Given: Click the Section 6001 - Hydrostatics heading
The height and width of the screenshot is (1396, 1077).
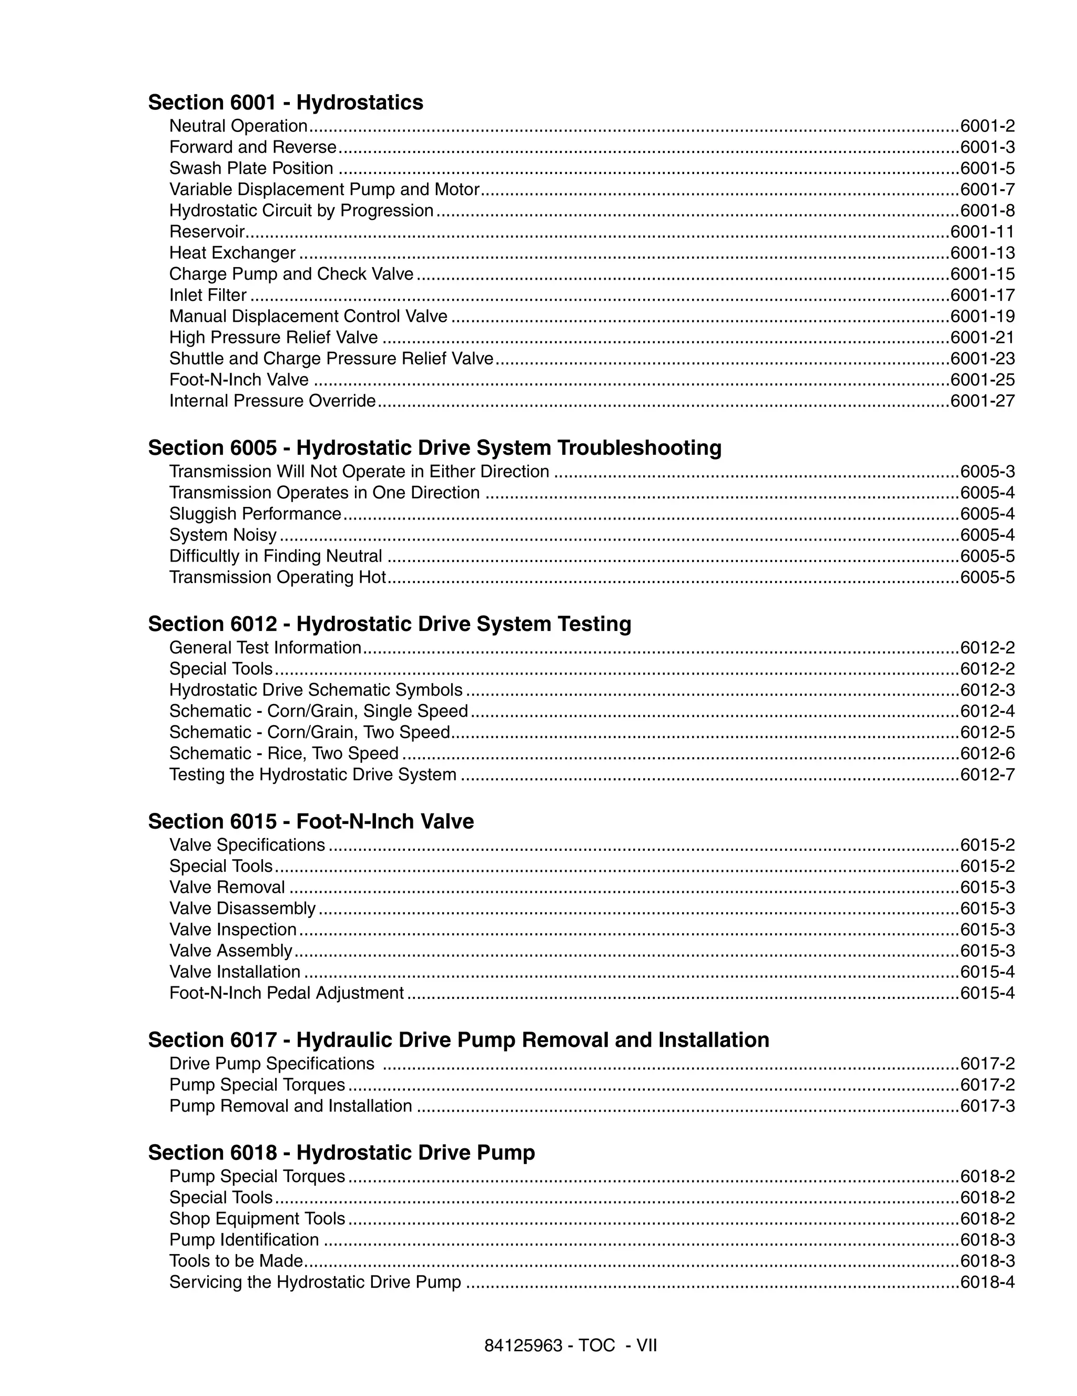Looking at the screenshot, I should click(285, 103).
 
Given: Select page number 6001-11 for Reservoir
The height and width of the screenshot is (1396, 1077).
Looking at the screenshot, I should click(982, 232).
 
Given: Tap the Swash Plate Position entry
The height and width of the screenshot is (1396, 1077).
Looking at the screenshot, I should click(251, 168).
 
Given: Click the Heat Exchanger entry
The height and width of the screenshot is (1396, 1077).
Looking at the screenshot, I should click(232, 253).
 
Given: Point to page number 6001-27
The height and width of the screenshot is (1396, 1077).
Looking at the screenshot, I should click(982, 401).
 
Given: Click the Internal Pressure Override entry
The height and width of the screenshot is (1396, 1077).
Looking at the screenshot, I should click(272, 401).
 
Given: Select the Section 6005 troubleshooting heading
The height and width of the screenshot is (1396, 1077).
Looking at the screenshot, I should click(434, 447).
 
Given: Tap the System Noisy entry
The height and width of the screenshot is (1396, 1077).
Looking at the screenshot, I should click(223, 535).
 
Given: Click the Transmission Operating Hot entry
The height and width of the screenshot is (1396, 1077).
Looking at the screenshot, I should click(277, 577).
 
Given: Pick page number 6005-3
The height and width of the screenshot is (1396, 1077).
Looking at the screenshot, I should click(987, 472).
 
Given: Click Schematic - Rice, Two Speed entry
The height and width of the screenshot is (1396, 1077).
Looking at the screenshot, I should click(284, 753).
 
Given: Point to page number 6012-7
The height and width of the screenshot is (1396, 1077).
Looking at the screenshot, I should click(987, 775).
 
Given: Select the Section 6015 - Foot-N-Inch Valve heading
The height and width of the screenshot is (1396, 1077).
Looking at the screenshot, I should click(311, 821).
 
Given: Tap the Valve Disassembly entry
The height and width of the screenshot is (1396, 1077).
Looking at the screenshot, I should click(242, 908).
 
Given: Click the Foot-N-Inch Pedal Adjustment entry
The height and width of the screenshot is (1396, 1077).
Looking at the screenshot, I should click(287, 993).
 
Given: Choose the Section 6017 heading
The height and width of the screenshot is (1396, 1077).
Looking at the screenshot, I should click(458, 1040).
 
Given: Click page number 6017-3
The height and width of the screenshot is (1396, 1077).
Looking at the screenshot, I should click(987, 1106).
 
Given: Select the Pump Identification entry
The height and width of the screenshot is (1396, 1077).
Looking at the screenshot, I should click(243, 1239).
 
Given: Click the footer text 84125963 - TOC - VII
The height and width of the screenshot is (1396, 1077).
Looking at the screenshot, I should click(570, 1346).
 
